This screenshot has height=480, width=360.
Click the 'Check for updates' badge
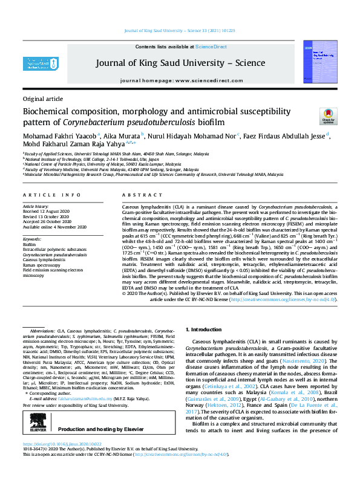coord(328,117)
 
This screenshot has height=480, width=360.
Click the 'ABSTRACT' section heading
coord(143,195)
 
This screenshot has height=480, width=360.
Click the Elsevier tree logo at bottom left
coord(36,411)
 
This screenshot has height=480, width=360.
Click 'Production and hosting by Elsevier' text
coord(114,412)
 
